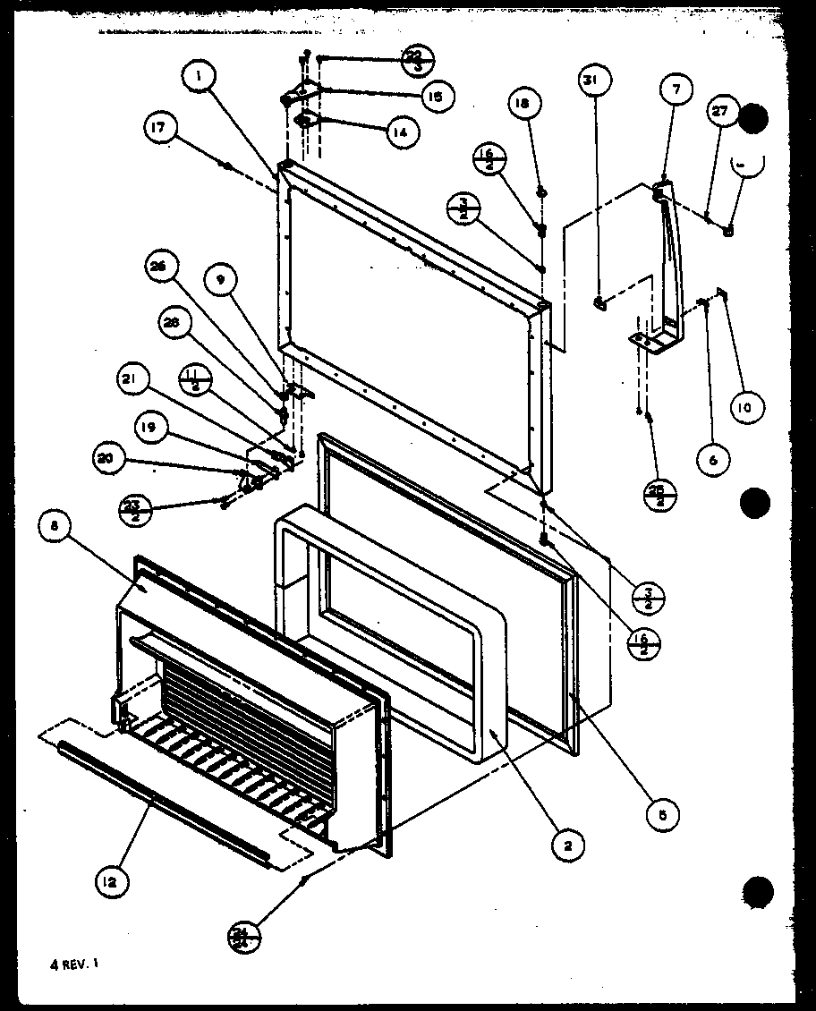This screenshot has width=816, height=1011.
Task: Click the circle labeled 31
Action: click(x=591, y=81)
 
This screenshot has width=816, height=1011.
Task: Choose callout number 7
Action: click(x=676, y=89)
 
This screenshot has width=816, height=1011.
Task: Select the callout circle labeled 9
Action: click(x=220, y=278)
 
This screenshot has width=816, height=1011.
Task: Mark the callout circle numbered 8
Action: click(x=55, y=528)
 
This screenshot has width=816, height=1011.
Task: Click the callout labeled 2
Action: click(x=569, y=844)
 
